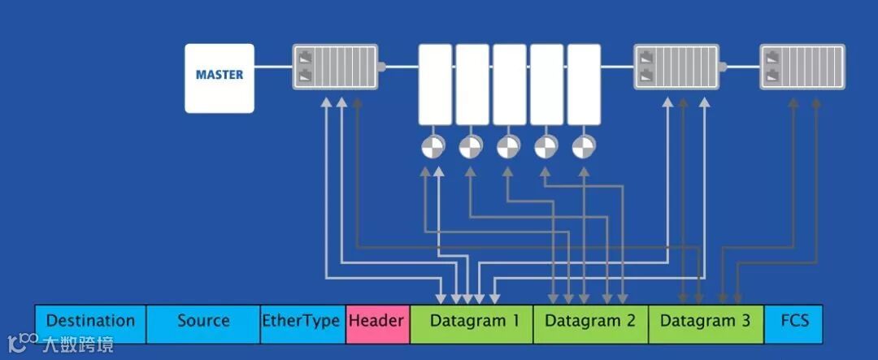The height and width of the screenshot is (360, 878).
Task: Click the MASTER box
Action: click(219, 78)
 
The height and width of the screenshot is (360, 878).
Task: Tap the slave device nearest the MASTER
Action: click(335, 67)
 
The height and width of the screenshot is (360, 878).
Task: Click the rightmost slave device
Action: click(802, 67)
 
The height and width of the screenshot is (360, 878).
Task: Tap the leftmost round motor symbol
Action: click(433, 147)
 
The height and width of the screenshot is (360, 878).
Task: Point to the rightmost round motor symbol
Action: click(583, 147)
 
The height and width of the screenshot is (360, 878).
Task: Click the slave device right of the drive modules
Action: click(676, 67)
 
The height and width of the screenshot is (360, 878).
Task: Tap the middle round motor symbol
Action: click(508, 147)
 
